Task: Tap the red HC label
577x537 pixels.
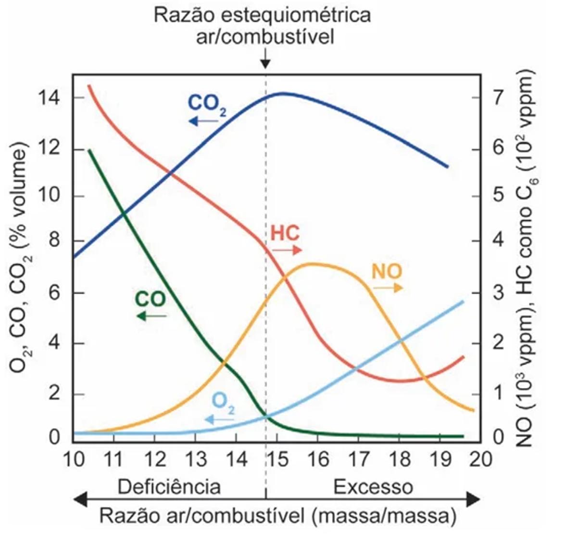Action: pos(285,233)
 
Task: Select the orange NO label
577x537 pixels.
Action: pos(387,272)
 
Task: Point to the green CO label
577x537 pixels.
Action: pos(150,299)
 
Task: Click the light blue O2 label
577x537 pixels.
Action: pos(224,403)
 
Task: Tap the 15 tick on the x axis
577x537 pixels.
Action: pos(276,459)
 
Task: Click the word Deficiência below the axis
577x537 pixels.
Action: pos(169,486)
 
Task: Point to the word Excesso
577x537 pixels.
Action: pos(373,486)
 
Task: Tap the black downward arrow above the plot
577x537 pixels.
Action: pos(265,61)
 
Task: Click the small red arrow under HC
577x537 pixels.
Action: pos(287,250)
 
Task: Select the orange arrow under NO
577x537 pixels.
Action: pos(389,288)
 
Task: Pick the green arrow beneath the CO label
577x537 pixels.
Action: pos(151,316)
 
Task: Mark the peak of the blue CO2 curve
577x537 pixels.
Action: pos(282,93)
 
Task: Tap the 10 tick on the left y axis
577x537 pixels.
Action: pos(50,196)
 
